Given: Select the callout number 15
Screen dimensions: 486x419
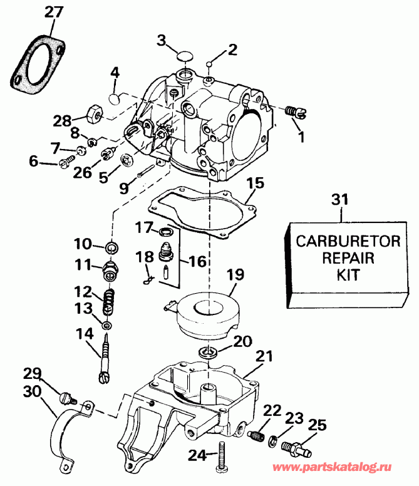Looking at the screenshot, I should (x=255, y=185).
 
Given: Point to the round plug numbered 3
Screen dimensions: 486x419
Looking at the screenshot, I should (x=184, y=57).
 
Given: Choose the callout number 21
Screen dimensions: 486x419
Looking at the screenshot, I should (x=264, y=356).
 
